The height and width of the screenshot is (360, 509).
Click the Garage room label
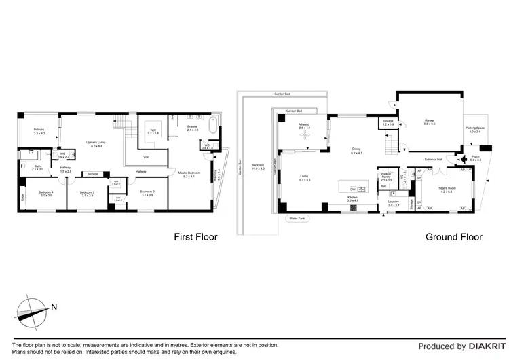[x=429, y=122]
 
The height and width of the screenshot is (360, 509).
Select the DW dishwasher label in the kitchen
[x=352, y=189]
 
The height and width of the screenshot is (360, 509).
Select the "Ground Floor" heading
[x=453, y=237]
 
